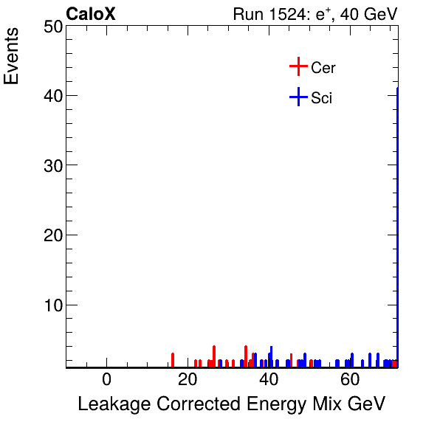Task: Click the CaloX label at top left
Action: click(91, 14)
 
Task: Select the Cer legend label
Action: click(323, 68)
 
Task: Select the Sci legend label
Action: click(322, 97)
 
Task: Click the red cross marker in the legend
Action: click(298, 67)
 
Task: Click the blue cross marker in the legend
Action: click(298, 97)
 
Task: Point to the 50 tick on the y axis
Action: click(51, 27)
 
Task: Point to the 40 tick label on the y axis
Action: click(51, 96)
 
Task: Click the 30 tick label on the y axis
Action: click(51, 166)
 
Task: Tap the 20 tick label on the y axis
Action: click(51, 235)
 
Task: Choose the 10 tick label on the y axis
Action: click(51, 305)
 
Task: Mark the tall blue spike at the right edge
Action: click(397, 221)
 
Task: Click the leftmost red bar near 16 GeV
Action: click(172, 359)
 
